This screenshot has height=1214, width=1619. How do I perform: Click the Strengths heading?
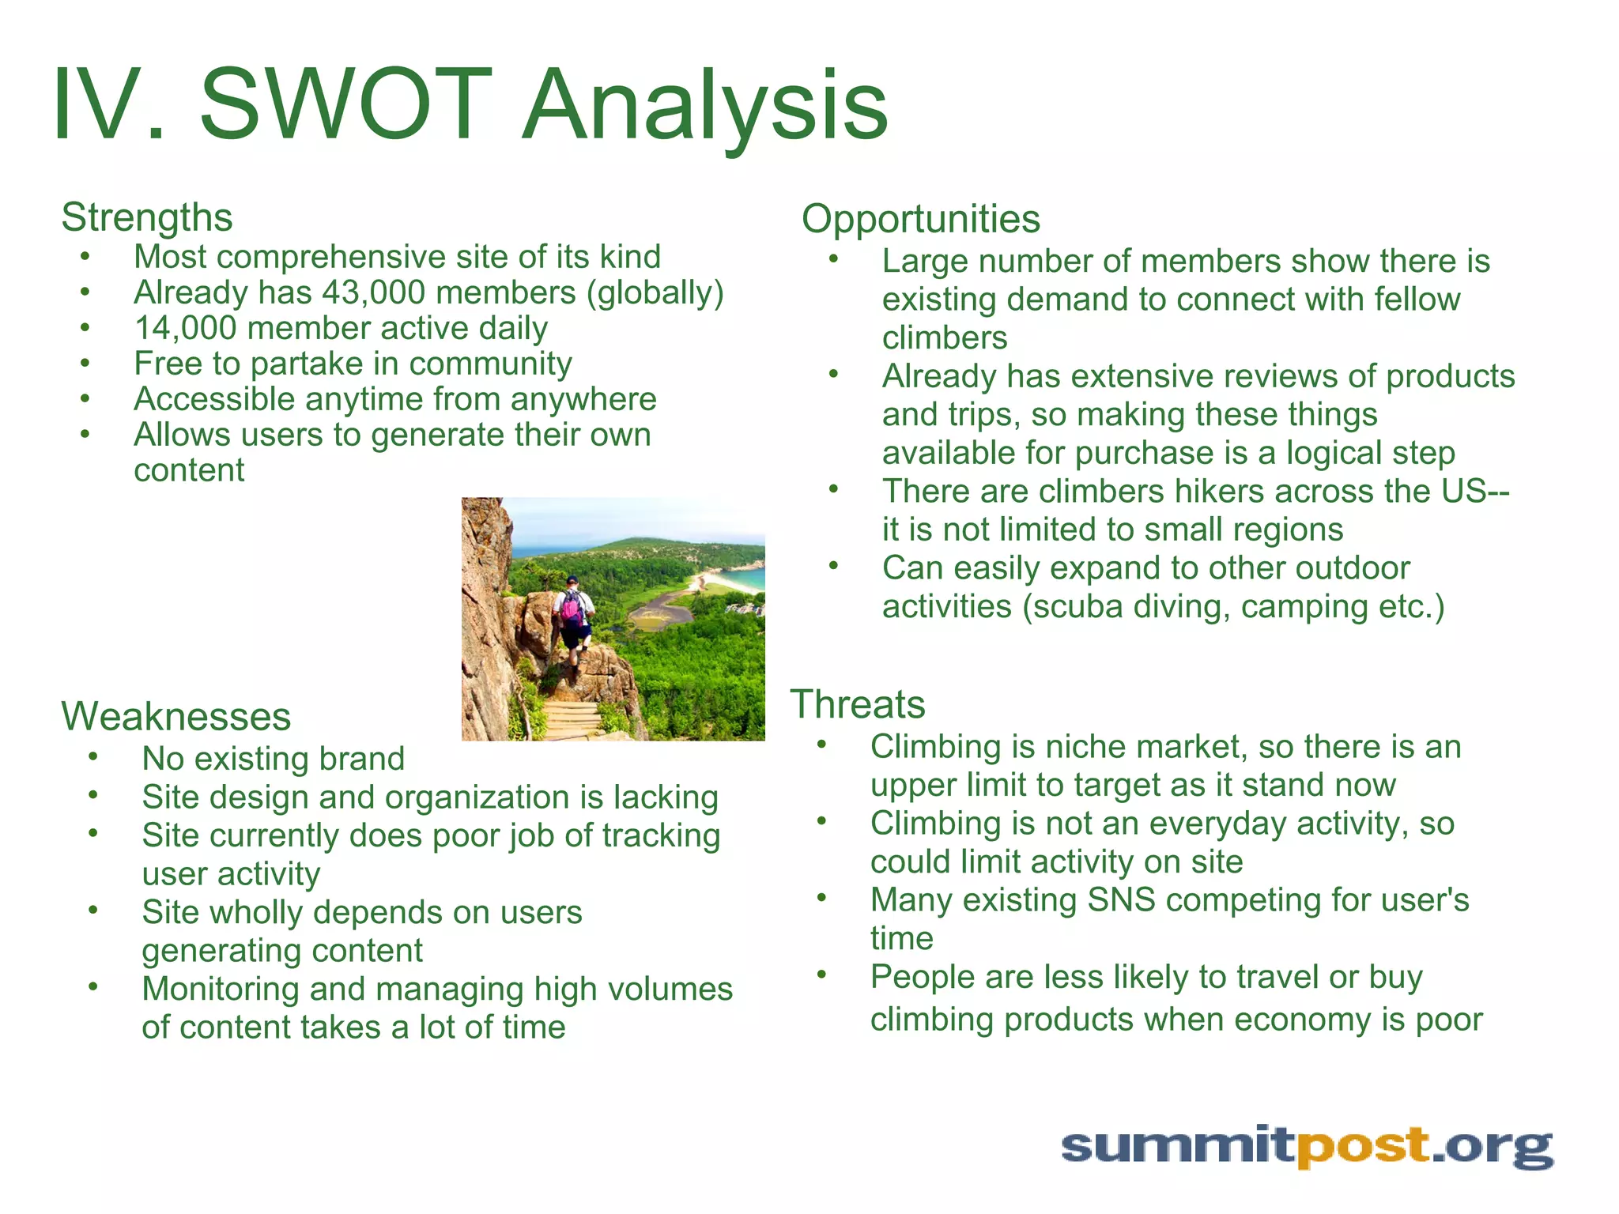pos(147,217)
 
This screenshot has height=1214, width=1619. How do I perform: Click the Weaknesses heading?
pos(176,716)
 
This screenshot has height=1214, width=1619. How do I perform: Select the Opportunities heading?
pos(920,219)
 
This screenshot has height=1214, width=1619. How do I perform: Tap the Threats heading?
pos(858,703)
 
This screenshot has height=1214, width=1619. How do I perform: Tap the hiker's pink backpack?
pos(571,607)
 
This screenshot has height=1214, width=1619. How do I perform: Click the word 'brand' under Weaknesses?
pos(367,759)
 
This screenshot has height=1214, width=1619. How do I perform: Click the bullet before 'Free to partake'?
pos(85,364)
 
